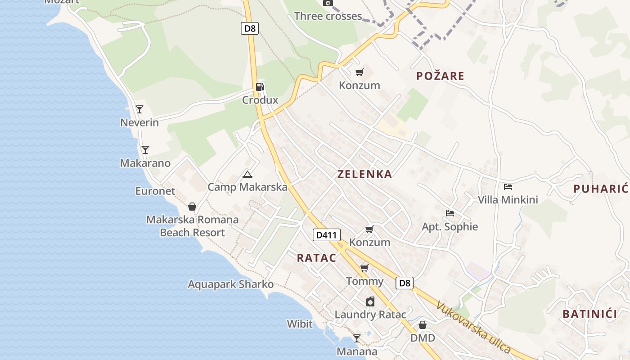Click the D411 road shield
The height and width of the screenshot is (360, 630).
[326, 234]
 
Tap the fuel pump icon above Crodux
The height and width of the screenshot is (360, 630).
[260, 86]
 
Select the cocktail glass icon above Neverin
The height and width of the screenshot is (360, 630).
[139, 109]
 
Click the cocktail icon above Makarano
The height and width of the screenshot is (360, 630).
[145, 150]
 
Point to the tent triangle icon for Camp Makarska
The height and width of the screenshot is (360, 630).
[247, 174]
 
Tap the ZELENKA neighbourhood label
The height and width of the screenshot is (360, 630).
[364, 174]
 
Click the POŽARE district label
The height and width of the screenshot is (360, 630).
[440, 76]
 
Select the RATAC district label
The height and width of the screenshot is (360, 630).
[316, 258]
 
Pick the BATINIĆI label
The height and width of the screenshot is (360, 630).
[590, 314]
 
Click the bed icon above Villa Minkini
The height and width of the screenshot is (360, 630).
[508, 186]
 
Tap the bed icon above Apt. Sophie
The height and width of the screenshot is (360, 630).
[450, 213]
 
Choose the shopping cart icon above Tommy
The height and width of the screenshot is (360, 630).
[364, 268]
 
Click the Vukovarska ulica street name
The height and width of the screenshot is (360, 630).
[473, 327]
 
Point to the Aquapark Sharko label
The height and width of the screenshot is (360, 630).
[230, 284]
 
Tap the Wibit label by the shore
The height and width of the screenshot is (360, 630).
[300, 324]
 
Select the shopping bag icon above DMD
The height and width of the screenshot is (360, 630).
[423, 324]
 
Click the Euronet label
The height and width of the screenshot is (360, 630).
[155, 191]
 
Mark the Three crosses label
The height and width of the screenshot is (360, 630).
[328, 16]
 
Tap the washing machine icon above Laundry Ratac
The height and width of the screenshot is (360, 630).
[370, 301]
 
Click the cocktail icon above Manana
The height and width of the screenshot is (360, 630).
[357, 338]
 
